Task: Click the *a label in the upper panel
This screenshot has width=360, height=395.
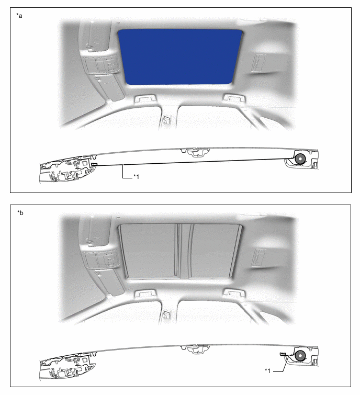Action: [19, 16]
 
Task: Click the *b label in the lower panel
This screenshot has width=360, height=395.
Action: [20, 213]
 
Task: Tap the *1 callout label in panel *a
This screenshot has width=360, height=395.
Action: [136, 177]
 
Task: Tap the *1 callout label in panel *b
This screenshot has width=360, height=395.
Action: [267, 370]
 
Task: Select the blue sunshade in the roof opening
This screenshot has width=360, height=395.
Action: [180, 57]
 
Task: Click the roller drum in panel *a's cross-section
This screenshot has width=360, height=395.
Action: [300, 159]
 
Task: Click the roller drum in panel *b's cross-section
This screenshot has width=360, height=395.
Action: [300, 355]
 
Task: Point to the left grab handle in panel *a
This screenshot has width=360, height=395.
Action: [145, 98]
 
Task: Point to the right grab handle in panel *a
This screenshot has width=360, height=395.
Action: [234, 97]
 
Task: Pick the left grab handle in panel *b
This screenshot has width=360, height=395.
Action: [145, 293]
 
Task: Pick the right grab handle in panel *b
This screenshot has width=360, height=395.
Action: [234, 292]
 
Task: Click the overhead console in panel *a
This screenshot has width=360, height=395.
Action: [102, 64]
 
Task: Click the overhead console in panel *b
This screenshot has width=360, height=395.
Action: [102, 259]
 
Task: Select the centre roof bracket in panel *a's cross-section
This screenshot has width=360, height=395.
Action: [196, 152]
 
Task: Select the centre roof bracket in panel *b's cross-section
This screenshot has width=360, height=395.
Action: [196, 348]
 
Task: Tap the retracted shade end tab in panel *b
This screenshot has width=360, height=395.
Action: [284, 354]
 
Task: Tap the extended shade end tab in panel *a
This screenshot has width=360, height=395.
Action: [94, 164]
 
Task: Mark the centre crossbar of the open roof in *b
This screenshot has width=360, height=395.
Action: [184, 251]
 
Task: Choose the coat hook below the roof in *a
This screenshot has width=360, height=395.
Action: [167, 120]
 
